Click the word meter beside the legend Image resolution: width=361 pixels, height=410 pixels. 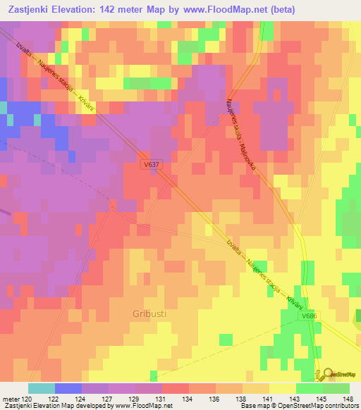click(x=11, y=398)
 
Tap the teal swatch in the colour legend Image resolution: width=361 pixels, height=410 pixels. click(x=42, y=388)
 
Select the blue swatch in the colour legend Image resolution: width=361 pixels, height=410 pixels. click(x=68, y=388)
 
